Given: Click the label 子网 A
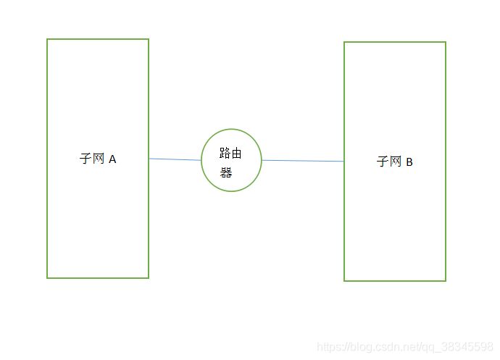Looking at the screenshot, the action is pos(98,159).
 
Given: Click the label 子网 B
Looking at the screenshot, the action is pos(395,162).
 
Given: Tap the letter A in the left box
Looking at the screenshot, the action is pos(112,159).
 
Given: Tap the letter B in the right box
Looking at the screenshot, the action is pos(409,162).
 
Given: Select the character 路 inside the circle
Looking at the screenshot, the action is pos(225,153).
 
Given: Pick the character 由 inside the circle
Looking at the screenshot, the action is pos(237,153).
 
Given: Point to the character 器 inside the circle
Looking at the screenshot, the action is pos(226,172).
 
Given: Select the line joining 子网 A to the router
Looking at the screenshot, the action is pos(175,159).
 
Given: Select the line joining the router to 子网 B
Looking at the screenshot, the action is pos(302,161).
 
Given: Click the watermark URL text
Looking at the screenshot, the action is pos(405,347).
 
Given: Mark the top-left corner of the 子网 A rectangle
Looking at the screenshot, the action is pos(48,40).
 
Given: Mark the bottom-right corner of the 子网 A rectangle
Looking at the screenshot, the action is pos(148,277).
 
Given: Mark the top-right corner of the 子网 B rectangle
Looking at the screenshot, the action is pos(445,43).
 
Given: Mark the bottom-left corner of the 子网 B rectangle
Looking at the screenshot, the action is pos(345,280).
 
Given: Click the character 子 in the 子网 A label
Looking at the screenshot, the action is pos(86,159).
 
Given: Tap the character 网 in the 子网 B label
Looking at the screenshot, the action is pos(396,162).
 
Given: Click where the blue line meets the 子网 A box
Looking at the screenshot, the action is pos(149,159).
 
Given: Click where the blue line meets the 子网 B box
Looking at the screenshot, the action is pos(344,162).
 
